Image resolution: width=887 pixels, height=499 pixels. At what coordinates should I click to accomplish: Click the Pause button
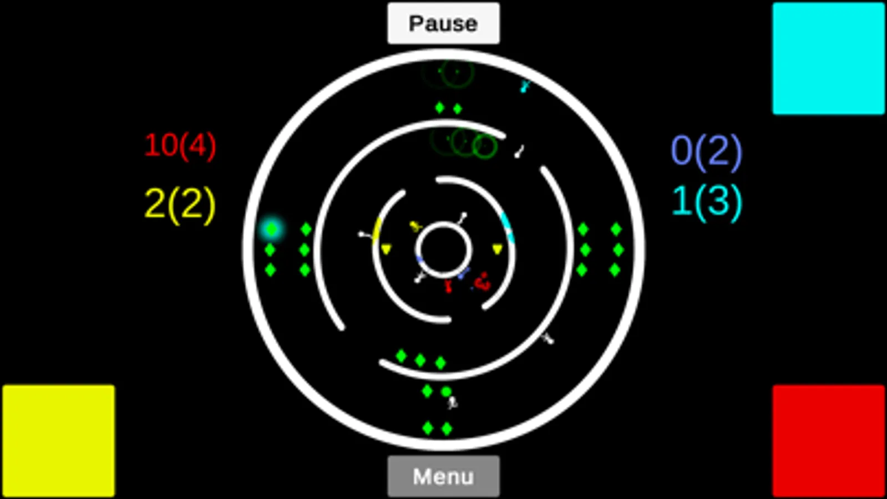pos(444,23)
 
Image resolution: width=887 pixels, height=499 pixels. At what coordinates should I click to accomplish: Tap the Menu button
pos(444,476)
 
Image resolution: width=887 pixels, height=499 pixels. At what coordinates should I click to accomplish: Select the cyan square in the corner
pos(829,59)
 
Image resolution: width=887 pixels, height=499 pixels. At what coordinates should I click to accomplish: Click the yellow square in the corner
pos(59,441)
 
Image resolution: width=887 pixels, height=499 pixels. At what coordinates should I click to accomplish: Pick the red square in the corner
pos(829,441)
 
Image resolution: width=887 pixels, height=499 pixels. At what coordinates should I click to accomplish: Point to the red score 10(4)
pos(181,146)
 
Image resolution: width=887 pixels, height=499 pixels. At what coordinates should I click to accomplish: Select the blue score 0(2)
pos(707,152)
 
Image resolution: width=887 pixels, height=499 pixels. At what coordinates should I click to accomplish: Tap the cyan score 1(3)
pos(707,202)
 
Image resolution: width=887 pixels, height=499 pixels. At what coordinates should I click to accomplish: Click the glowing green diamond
pos(272,229)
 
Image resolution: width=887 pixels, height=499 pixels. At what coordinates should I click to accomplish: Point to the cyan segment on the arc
pos(508,227)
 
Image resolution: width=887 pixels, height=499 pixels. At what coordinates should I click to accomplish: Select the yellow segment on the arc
pos(377,230)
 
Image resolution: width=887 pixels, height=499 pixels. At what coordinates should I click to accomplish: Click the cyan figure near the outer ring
pos(525,86)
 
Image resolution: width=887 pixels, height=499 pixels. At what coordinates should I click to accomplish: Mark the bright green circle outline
pos(485,146)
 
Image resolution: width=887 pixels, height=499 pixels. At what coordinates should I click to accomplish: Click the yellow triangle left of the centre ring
pos(386,249)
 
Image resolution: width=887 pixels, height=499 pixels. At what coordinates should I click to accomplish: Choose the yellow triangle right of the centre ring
pos(498,249)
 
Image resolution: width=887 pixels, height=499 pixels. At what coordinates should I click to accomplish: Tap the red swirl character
pos(483,282)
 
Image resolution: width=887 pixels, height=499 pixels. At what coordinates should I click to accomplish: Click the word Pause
pos(444,24)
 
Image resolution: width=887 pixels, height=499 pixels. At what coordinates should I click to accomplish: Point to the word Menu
pos(444,476)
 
